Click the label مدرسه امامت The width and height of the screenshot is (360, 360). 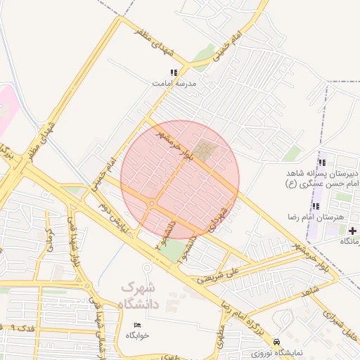pyautogui.click(x=175, y=83)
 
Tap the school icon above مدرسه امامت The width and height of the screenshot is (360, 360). pyautogui.click(x=174, y=72)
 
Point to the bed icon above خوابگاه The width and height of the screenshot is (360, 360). pyautogui.click(x=137, y=325)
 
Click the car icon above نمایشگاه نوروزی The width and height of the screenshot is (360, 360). pyautogui.click(x=277, y=339)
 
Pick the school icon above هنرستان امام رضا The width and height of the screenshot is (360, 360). pyautogui.click(x=316, y=206)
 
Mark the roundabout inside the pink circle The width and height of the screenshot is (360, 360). pyautogui.click(x=152, y=204)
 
